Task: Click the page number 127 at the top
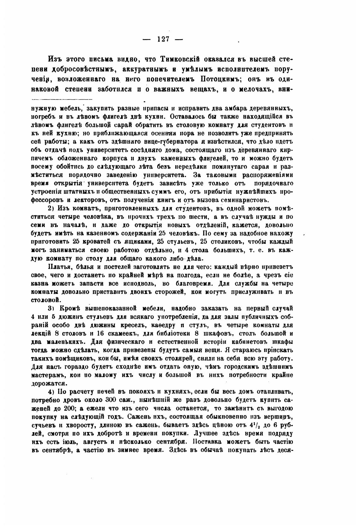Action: click(x=163, y=39)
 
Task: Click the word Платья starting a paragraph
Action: click(x=58, y=266)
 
